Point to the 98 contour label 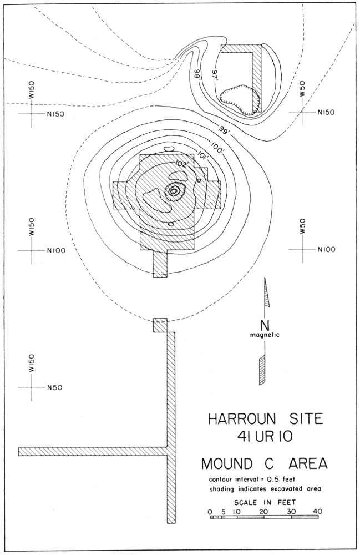(196, 73)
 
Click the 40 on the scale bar (317, 511)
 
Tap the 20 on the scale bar (263, 511)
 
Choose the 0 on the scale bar (210, 511)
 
